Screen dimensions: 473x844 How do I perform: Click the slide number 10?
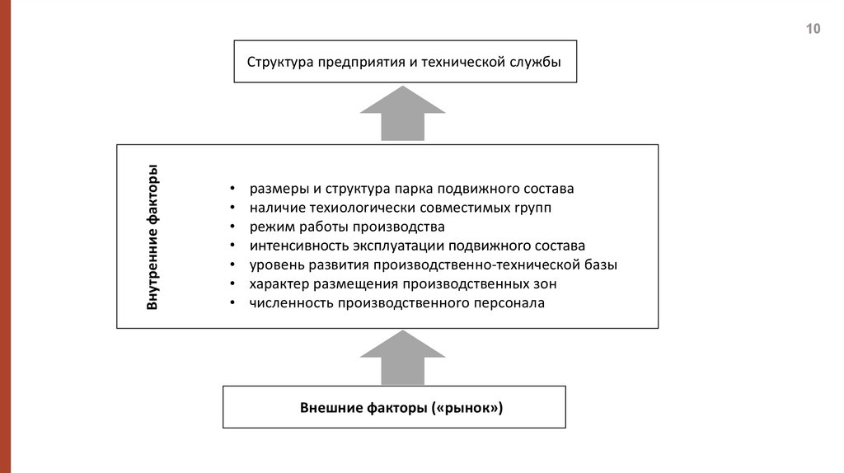(813, 30)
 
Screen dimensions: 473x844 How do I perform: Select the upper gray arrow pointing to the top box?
(402, 114)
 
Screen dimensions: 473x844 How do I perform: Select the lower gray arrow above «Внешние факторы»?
(402, 358)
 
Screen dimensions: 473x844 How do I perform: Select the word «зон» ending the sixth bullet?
(545, 284)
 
